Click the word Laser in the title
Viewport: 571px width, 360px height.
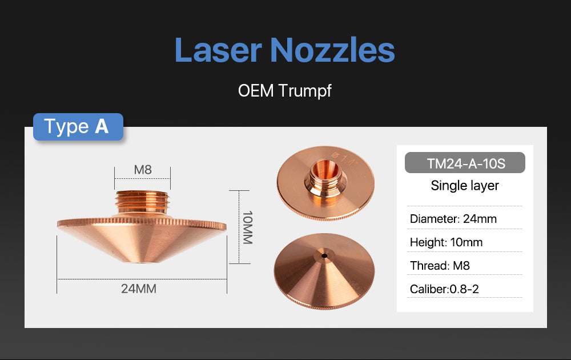(218, 50)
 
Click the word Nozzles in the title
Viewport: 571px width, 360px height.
(332, 50)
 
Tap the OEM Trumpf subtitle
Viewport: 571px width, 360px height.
(285, 90)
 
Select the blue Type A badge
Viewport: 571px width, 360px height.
(78, 127)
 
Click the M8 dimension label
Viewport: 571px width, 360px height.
(142, 170)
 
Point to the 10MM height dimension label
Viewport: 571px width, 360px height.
(247, 227)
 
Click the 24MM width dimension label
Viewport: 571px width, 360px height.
(138, 289)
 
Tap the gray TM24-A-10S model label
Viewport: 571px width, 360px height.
(465, 163)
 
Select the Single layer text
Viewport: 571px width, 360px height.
(465, 186)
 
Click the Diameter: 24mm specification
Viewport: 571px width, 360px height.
(453, 219)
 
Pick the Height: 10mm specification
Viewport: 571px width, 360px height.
(446, 242)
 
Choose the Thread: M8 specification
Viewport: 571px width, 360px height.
(440, 266)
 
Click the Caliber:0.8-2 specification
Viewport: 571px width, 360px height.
(444, 289)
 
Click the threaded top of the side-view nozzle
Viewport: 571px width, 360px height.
(142, 202)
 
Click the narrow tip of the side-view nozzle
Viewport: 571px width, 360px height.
(142, 262)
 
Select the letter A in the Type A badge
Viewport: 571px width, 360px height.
(102, 127)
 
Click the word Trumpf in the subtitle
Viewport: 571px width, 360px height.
(305, 90)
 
